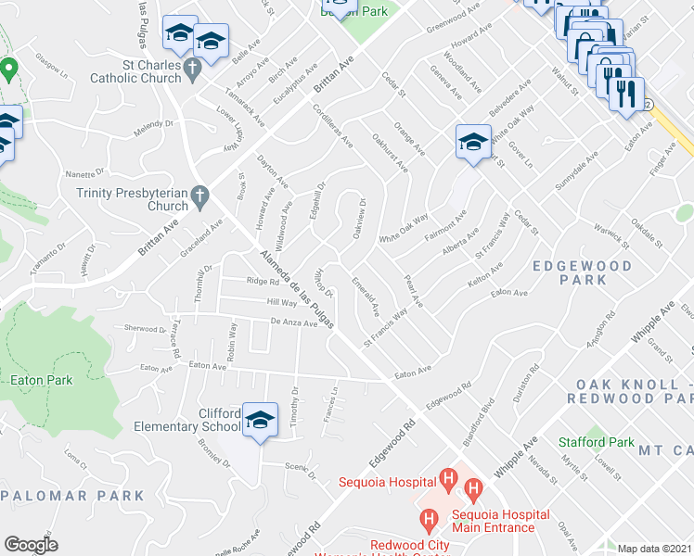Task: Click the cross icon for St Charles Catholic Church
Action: tap(192, 68)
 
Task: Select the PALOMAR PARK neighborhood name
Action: tap(58, 496)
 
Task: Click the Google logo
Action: tap(31, 544)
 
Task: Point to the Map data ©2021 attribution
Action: tap(654, 549)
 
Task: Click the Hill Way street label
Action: tap(281, 302)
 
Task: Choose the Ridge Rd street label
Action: tap(263, 282)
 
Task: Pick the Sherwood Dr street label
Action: tap(145, 328)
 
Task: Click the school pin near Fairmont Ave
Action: tap(472, 144)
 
